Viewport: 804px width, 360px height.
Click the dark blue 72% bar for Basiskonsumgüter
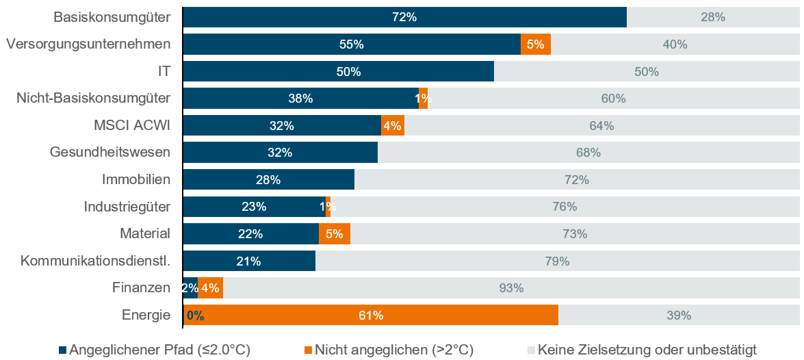click(x=405, y=17)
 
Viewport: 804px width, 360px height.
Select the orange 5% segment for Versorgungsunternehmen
click(x=536, y=44)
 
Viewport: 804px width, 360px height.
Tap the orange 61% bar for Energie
click(x=371, y=316)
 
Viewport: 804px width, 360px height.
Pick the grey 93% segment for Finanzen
click(x=511, y=288)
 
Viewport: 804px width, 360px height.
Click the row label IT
click(x=163, y=71)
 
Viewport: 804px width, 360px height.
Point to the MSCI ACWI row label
click(x=132, y=125)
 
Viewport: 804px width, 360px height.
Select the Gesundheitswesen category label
click(x=110, y=153)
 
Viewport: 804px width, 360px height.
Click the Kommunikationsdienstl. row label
click(x=95, y=261)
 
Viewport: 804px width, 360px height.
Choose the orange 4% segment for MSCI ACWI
click(x=393, y=126)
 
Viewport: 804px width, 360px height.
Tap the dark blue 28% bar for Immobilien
click(x=268, y=180)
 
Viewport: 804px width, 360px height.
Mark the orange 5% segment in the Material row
click(x=335, y=234)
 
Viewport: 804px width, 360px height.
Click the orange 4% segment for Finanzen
click(x=210, y=288)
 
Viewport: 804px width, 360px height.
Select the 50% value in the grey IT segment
click(x=647, y=72)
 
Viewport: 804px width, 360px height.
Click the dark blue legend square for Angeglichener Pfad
click(x=63, y=350)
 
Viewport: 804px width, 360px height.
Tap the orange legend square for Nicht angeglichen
click(x=308, y=350)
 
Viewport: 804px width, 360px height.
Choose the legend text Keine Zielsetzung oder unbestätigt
click(x=647, y=350)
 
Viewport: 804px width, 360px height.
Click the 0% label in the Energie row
click(x=195, y=316)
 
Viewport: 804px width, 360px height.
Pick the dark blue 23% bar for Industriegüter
click(x=254, y=207)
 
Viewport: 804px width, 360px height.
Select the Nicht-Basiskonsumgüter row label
click(x=93, y=99)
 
